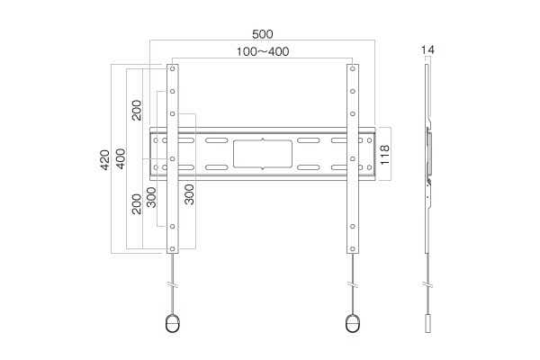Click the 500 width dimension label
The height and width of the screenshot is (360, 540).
[x=263, y=34]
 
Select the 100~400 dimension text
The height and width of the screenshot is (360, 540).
[x=263, y=51]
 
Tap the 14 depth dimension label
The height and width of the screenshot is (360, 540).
[x=427, y=50]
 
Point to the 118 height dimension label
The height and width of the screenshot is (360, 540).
[x=384, y=155]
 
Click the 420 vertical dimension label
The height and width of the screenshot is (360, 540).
[x=104, y=159]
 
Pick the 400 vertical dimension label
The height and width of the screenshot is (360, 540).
[x=121, y=158]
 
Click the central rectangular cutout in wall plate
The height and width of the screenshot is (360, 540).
[x=263, y=154]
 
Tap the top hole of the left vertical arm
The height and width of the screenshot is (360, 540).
[x=172, y=69]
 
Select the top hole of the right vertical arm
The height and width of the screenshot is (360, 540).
[x=352, y=69]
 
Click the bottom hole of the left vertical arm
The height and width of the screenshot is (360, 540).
[x=172, y=248]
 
